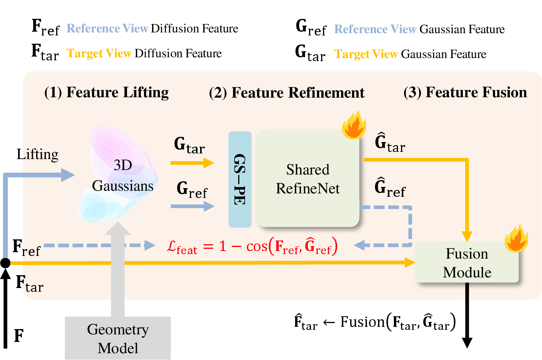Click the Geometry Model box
(118, 338)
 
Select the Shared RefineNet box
(308, 178)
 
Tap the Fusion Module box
(467, 262)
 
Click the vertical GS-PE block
(240, 179)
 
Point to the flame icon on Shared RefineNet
(354, 125)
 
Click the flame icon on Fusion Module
(516, 238)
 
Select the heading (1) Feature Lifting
(106, 92)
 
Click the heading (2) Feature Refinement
(287, 93)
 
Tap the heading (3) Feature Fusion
(465, 92)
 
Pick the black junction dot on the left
(5, 263)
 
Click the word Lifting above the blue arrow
(38, 154)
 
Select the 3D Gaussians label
(122, 175)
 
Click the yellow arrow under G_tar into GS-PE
(192, 163)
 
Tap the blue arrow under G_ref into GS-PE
(193, 206)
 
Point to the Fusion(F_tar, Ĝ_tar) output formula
(375, 322)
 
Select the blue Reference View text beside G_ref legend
(375, 29)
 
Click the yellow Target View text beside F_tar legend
(99, 54)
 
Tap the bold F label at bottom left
(19, 336)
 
